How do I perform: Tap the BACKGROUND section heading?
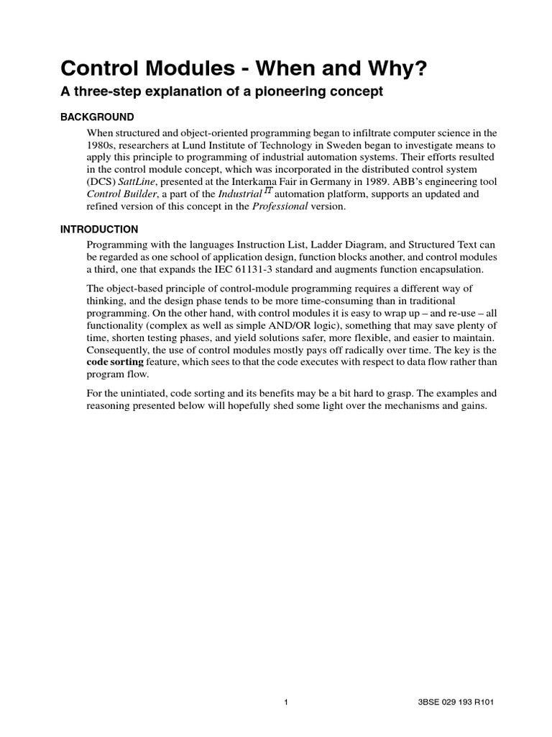coord(96,117)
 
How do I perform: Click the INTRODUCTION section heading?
coord(99,230)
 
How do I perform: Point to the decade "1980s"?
coord(103,146)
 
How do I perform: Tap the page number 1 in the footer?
coord(285,702)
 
